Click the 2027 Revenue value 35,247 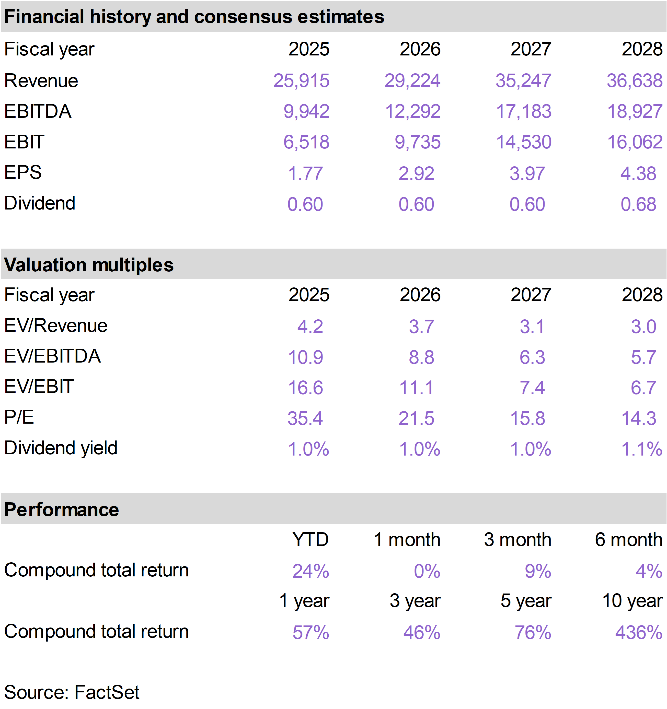[x=523, y=80]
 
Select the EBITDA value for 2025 [x=306, y=111]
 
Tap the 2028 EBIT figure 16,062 [x=635, y=142]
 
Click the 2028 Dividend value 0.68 [x=638, y=204]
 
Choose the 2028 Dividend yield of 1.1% [x=642, y=449]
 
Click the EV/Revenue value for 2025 [x=310, y=326]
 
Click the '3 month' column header [x=517, y=540]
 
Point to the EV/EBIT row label [x=39, y=386]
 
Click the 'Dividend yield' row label [x=61, y=448]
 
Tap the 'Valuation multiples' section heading [x=89, y=265]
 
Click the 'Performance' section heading [x=61, y=510]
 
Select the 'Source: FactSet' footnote [x=72, y=692]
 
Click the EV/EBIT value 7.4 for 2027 [x=532, y=388]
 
